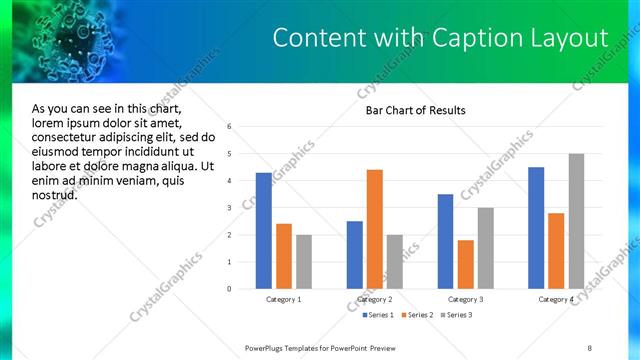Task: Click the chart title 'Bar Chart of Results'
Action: (x=415, y=110)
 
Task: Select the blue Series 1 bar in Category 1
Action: (x=263, y=231)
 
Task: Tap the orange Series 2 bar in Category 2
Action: (x=375, y=229)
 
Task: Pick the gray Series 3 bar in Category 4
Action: (x=576, y=221)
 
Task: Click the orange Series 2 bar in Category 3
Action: (x=465, y=264)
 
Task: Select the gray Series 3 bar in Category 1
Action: (x=303, y=262)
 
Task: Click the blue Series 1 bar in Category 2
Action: (x=355, y=255)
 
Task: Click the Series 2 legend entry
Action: (x=415, y=315)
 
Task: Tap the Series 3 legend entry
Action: (x=456, y=315)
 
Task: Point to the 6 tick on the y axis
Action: (x=230, y=127)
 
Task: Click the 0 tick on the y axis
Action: (x=230, y=289)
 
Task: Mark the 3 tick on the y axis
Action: (x=230, y=208)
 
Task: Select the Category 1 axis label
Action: (x=283, y=299)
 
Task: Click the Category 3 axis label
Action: (x=465, y=299)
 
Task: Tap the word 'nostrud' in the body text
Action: (x=55, y=194)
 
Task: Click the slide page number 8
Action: (x=589, y=347)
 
